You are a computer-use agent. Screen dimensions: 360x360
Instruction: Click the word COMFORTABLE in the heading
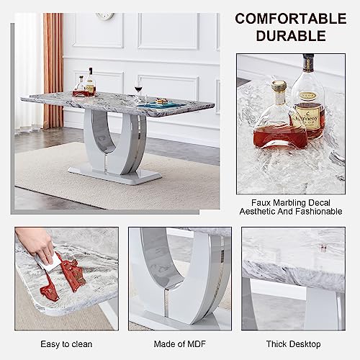pyautogui.click(x=291, y=19)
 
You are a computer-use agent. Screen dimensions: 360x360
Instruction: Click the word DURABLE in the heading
pyautogui.click(x=291, y=36)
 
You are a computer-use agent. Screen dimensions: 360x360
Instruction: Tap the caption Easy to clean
pyautogui.click(x=66, y=344)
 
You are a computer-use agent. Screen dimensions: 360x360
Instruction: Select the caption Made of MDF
pyautogui.click(x=180, y=344)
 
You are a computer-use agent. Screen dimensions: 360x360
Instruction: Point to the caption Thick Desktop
pyautogui.click(x=293, y=344)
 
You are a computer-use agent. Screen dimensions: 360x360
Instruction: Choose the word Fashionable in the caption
pyautogui.click(x=319, y=212)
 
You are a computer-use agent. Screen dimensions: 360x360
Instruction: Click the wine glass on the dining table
pyautogui.click(x=138, y=91)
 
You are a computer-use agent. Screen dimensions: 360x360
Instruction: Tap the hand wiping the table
pyautogui.click(x=36, y=243)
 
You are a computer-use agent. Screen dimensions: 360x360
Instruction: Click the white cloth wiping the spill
pyautogui.click(x=49, y=263)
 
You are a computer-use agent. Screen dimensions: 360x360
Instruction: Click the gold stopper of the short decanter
pyautogui.click(x=279, y=86)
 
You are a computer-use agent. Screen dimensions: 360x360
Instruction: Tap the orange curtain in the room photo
pyautogui.click(x=53, y=71)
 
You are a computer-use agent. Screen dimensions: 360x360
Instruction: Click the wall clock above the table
pyautogui.click(x=105, y=16)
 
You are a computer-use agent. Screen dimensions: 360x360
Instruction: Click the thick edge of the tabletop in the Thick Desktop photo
pyautogui.click(x=294, y=276)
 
